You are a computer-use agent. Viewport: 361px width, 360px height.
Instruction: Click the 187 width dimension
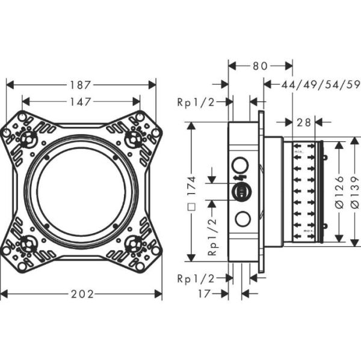(81, 85)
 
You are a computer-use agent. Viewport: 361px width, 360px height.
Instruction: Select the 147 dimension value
(80, 102)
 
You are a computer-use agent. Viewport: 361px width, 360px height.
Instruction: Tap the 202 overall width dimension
(81, 294)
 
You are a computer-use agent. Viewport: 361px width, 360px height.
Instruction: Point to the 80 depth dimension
(260, 66)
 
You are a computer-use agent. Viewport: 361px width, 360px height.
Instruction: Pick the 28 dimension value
(304, 123)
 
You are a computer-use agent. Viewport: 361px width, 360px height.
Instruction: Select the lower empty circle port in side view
(242, 219)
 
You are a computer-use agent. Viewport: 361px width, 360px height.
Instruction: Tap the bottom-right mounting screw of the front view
(136, 245)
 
